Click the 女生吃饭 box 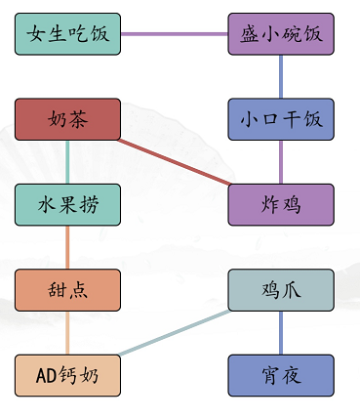(x=67, y=34)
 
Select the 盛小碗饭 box (x=280, y=34)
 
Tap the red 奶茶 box (x=67, y=119)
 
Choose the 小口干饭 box (x=280, y=119)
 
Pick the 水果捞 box (x=67, y=205)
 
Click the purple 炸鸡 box (x=280, y=205)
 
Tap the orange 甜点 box (x=67, y=290)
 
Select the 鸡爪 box (x=280, y=290)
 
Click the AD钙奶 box (x=67, y=375)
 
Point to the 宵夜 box (x=280, y=375)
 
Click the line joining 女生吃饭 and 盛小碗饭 (x=174, y=34)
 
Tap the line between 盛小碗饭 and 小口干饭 (x=280, y=76)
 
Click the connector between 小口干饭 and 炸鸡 (x=280, y=162)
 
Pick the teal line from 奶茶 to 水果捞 (x=67, y=162)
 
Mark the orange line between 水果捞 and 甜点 (x=67, y=247)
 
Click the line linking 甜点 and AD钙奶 (x=67, y=333)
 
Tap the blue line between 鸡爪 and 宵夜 (x=280, y=333)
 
